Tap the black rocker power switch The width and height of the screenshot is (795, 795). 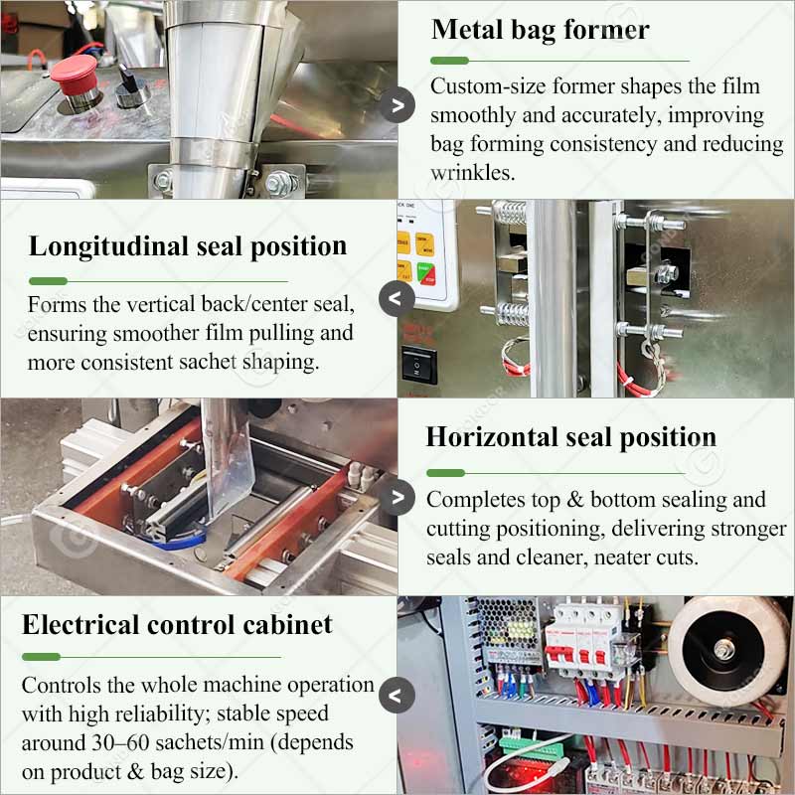(419, 365)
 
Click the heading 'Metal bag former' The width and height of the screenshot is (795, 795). (540, 30)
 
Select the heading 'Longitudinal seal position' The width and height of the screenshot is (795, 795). (188, 246)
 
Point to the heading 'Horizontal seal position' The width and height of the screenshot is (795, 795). (570, 436)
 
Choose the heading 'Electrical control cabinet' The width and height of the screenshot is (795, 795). (177, 624)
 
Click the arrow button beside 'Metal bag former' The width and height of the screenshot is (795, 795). (397, 105)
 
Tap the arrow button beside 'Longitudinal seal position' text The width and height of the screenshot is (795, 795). (397, 299)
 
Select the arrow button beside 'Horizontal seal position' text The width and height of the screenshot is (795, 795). (397, 498)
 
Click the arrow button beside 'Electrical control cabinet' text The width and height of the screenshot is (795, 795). (397, 695)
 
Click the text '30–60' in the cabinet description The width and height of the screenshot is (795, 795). (120, 742)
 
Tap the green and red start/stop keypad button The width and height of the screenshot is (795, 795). (426, 274)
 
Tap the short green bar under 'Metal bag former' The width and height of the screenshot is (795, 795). (449, 61)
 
